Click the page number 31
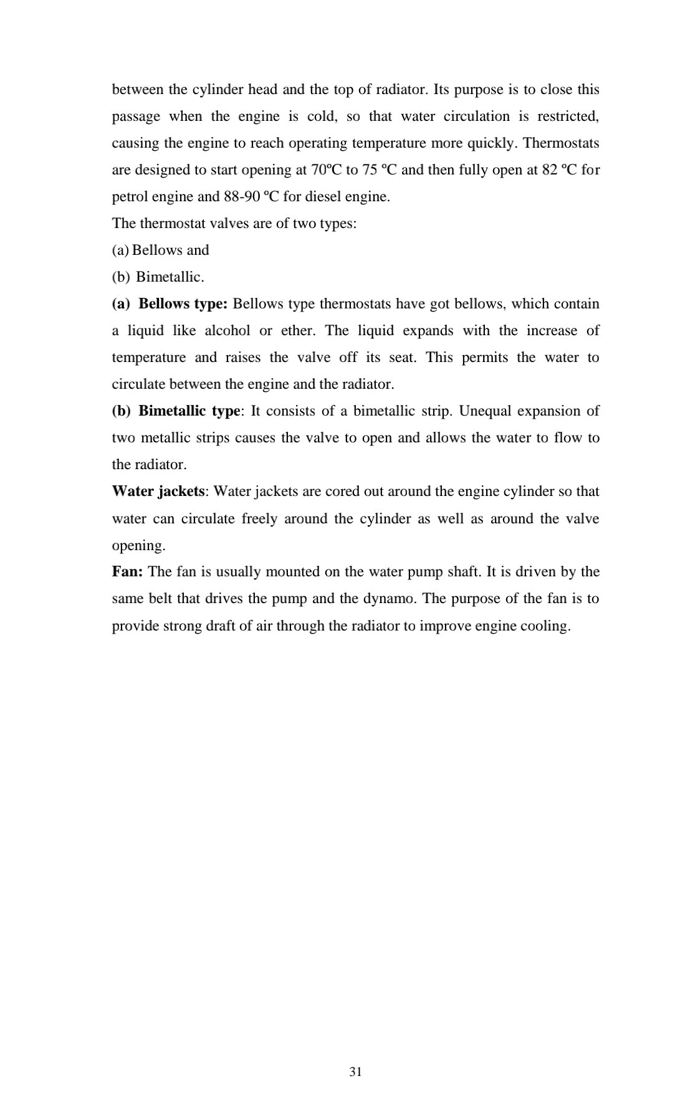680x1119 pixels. click(x=356, y=1072)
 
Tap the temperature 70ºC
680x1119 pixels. click(x=325, y=170)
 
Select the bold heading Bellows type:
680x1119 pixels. click(x=183, y=304)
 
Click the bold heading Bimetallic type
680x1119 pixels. click(x=189, y=411)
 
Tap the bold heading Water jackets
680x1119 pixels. click(x=158, y=492)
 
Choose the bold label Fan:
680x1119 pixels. click(x=128, y=572)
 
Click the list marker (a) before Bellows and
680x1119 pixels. click(x=120, y=250)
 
